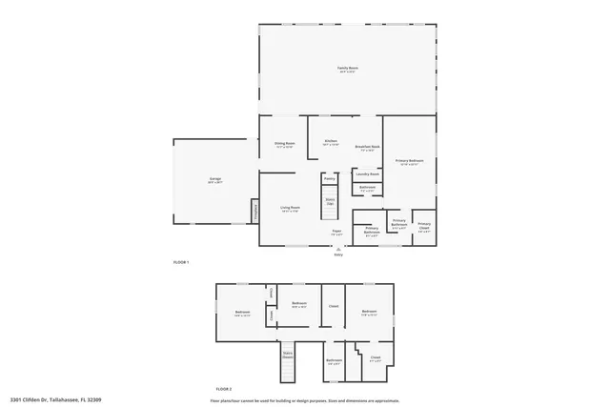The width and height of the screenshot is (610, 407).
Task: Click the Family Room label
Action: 347,69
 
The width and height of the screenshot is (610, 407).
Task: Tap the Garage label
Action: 215,179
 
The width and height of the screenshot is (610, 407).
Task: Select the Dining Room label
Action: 284,144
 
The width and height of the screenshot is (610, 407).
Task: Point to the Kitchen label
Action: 331,142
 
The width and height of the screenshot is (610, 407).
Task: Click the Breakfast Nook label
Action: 368,147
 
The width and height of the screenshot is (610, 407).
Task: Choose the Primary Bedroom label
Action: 409,161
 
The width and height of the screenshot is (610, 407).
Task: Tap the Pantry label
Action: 329,177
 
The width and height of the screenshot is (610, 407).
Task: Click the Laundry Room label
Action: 368,174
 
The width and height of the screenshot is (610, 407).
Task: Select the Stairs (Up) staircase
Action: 330,202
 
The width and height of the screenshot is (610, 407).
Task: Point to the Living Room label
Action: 290,209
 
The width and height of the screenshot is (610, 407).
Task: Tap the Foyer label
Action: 336,232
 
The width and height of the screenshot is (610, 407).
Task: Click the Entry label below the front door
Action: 338,254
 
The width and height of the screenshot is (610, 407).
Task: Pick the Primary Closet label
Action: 423,227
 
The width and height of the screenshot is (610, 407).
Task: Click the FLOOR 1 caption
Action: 181,261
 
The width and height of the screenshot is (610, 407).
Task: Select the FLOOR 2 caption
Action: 224,390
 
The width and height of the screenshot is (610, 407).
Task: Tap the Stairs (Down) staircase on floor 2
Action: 286,357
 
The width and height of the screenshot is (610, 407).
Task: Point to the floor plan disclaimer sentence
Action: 304,399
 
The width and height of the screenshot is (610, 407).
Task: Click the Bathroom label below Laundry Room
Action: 367,188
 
